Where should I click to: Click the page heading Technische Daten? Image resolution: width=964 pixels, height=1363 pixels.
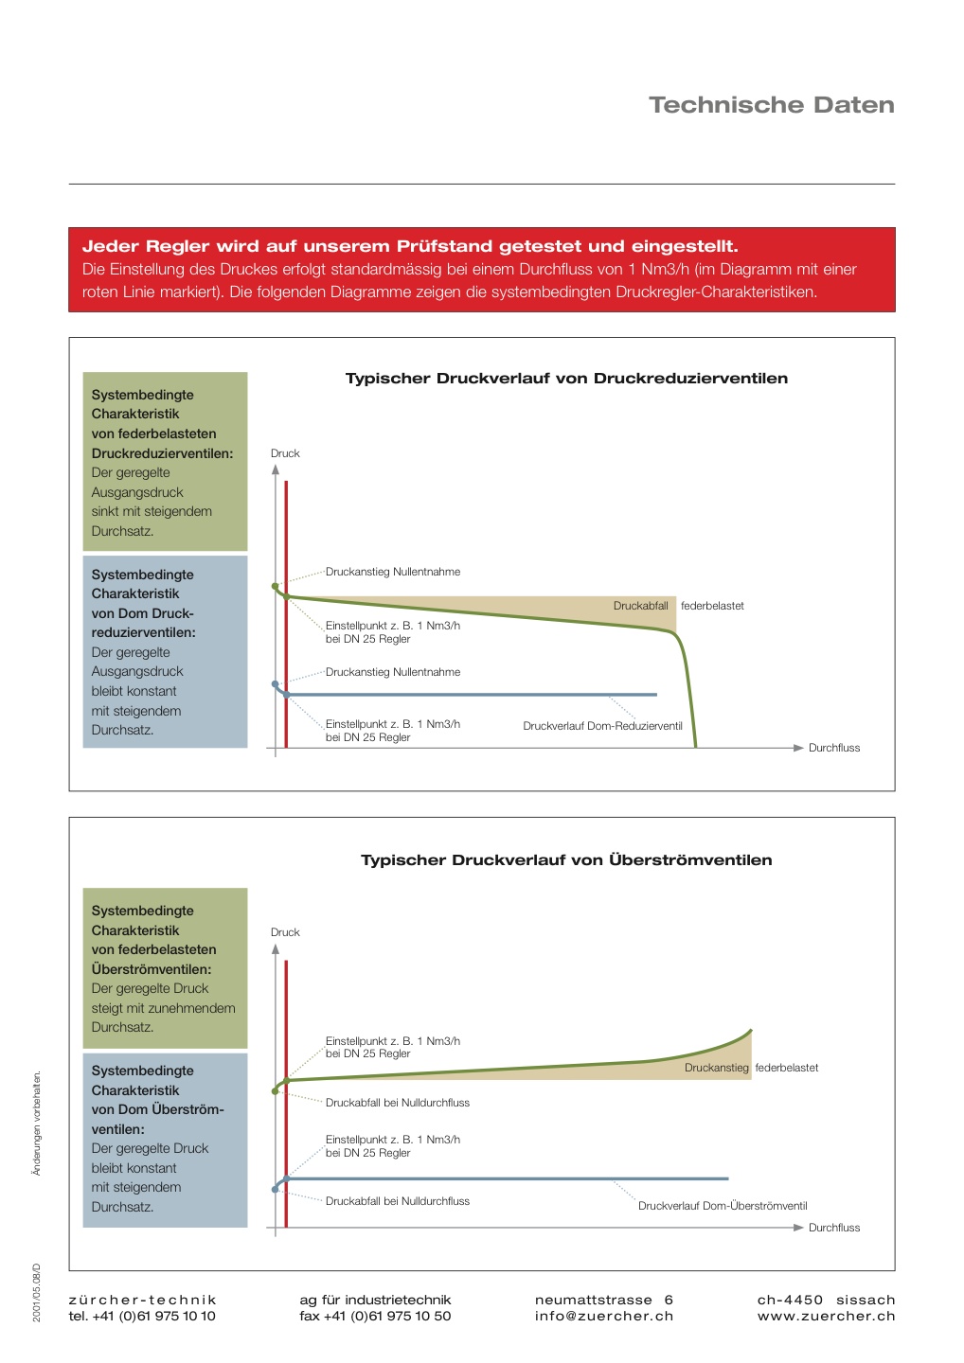click(771, 105)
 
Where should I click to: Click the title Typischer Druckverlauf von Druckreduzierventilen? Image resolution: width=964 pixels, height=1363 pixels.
click(566, 379)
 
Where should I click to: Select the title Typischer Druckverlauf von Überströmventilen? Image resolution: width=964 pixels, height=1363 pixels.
click(566, 860)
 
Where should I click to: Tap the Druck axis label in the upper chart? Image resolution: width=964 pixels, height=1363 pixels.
click(285, 453)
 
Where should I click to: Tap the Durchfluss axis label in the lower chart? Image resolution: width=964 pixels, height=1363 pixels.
click(834, 1228)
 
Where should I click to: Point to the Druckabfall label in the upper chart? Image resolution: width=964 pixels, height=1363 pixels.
click(640, 606)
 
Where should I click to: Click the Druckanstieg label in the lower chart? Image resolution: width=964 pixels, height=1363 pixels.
click(716, 1068)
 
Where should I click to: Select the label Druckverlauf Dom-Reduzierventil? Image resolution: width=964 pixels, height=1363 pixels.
click(602, 726)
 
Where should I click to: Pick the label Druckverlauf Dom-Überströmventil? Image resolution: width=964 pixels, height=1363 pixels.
click(723, 1206)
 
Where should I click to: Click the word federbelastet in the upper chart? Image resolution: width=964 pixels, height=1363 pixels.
click(712, 606)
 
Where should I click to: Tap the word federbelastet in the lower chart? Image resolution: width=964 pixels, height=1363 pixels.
click(786, 1068)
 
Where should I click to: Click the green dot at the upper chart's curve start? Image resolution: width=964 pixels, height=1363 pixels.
click(276, 587)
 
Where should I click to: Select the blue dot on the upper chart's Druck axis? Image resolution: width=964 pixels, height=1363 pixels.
click(276, 684)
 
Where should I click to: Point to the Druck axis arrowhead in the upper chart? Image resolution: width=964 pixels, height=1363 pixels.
click(276, 469)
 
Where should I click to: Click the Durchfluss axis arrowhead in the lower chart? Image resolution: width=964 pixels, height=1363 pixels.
click(798, 1228)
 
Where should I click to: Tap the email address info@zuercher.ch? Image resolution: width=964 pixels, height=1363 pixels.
click(604, 1316)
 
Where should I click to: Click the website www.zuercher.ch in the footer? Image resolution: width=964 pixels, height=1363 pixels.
click(826, 1316)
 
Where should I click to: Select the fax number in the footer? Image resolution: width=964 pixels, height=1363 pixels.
click(375, 1316)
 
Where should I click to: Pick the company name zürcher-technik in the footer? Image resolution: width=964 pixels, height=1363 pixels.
click(143, 1300)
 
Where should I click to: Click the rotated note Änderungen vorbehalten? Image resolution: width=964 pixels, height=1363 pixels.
click(37, 1123)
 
